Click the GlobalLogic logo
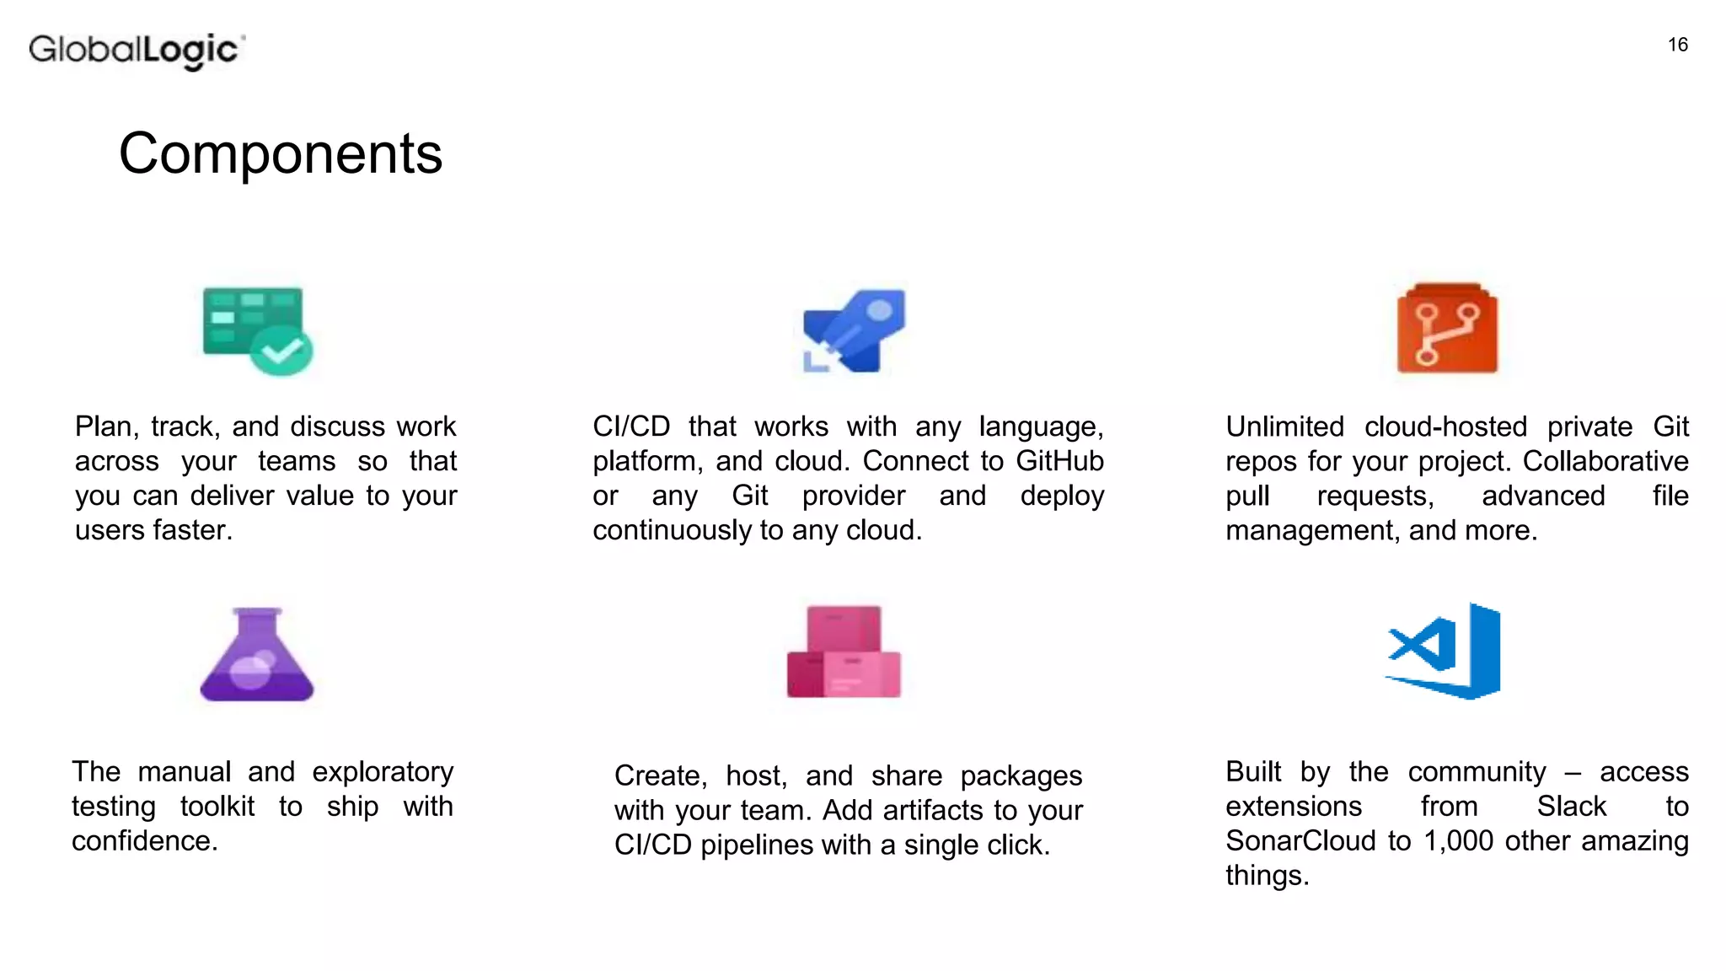137,51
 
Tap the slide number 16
1677,45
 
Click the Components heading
281,153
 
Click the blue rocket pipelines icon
854,330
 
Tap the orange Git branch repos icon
1447,329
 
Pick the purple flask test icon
256,654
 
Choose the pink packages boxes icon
844,652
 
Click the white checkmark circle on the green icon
282,350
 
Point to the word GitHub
1059,461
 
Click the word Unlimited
1284,426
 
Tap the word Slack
1571,806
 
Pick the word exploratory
383,772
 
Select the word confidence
144,840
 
